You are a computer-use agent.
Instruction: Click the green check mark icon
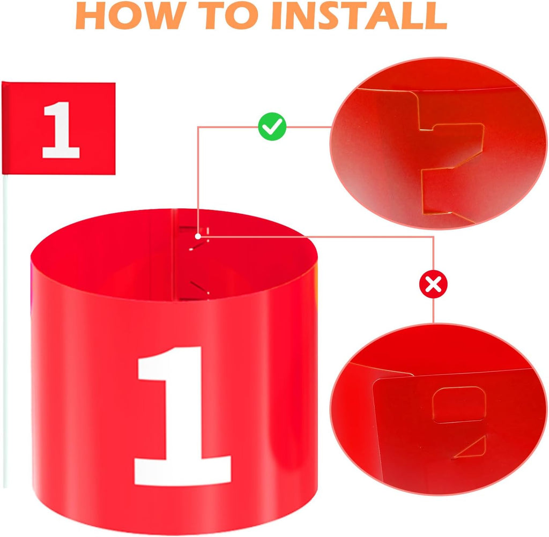(x=272, y=126)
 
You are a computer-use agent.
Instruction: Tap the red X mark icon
(x=433, y=284)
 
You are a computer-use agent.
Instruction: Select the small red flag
(x=59, y=128)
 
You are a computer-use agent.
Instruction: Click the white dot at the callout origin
(x=198, y=236)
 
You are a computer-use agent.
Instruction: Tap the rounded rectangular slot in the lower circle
(x=459, y=405)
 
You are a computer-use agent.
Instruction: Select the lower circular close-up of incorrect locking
(x=439, y=409)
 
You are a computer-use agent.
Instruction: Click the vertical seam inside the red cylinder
(x=173, y=255)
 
